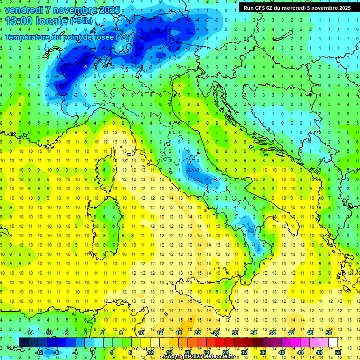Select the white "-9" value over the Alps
85,67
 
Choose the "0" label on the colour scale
93,352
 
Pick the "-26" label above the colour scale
215,333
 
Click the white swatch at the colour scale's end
333,342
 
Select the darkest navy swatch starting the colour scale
24,342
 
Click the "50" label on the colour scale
329,333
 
